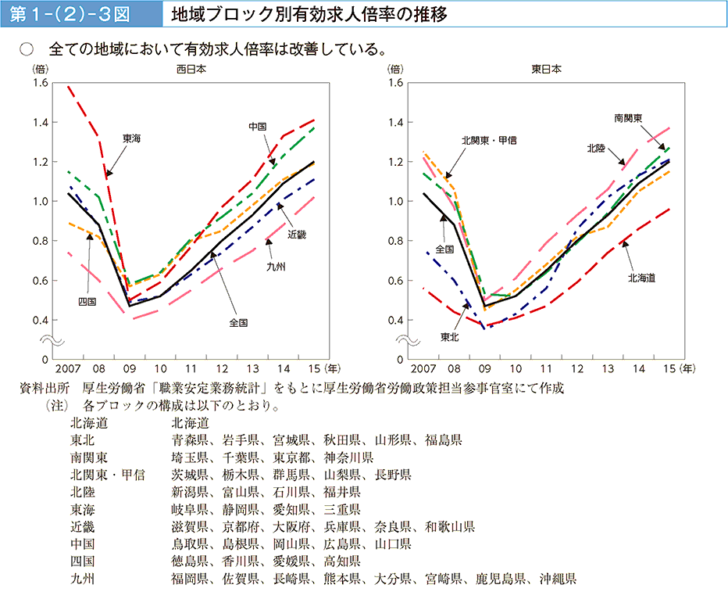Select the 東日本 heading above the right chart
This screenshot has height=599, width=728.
(x=546, y=70)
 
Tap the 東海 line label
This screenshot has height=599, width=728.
(x=131, y=138)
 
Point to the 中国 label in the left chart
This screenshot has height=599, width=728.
(x=258, y=127)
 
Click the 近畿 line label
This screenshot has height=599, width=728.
(x=297, y=234)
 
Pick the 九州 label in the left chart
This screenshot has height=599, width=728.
(x=275, y=267)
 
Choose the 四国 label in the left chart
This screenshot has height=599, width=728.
(x=87, y=301)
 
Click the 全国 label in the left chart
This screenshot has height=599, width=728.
(x=238, y=322)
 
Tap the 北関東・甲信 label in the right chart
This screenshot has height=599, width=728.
(x=489, y=140)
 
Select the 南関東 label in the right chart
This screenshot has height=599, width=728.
(x=629, y=118)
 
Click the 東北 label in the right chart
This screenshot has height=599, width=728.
(x=449, y=337)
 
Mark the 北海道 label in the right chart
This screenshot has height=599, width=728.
(x=641, y=278)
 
